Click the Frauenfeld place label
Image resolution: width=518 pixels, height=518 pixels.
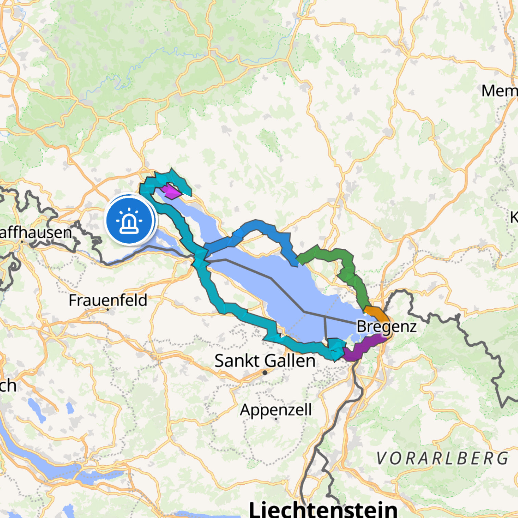(x=108, y=300)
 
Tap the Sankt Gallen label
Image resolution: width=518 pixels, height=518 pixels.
(x=265, y=361)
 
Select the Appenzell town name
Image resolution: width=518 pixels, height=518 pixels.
(x=276, y=410)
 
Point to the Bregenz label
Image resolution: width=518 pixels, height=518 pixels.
(x=386, y=326)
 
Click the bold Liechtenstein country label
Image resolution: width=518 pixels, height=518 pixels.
(x=323, y=509)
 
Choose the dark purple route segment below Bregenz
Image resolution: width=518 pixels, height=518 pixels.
(x=361, y=348)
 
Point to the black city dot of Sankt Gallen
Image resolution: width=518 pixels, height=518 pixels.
(x=265, y=373)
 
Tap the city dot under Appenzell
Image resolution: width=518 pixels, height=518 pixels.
(x=276, y=419)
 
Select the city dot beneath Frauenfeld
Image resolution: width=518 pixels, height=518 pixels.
(x=108, y=309)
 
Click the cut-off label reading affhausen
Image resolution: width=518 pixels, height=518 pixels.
(x=36, y=233)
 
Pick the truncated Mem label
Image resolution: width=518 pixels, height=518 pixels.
(x=499, y=91)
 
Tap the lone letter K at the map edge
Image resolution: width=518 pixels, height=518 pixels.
(x=514, y=217)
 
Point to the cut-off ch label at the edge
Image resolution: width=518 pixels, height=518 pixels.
(x=8, y=386)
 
